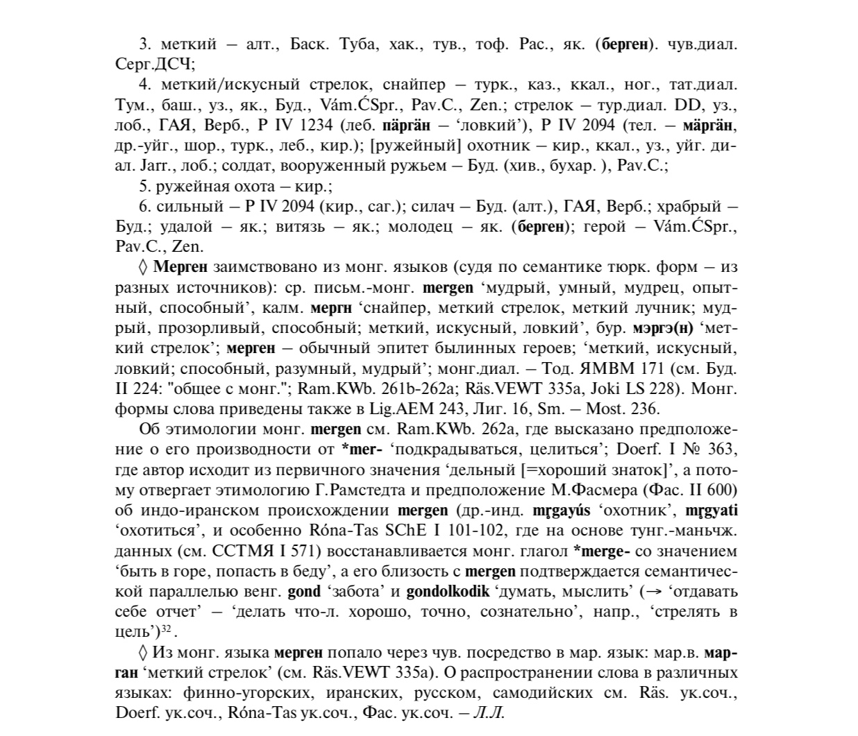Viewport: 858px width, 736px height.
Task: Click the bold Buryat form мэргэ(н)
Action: pos(663,328)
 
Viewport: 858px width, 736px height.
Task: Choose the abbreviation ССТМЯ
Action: pos(233,551)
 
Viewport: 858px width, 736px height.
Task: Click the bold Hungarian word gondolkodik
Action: pos(448,592)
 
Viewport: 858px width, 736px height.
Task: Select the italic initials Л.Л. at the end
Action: pos(488,712)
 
